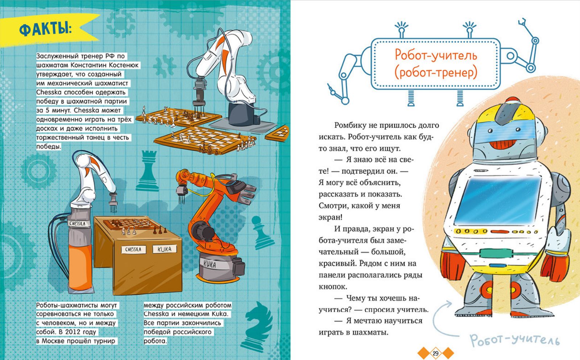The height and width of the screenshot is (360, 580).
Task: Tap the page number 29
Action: pos(435,353)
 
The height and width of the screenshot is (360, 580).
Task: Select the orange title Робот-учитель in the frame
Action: pos(436,55)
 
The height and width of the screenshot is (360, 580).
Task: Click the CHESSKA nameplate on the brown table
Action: pos(133,249)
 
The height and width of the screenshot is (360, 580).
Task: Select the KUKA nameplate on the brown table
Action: pos(165,249)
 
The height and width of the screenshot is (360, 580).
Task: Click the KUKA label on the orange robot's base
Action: pos(210,264)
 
